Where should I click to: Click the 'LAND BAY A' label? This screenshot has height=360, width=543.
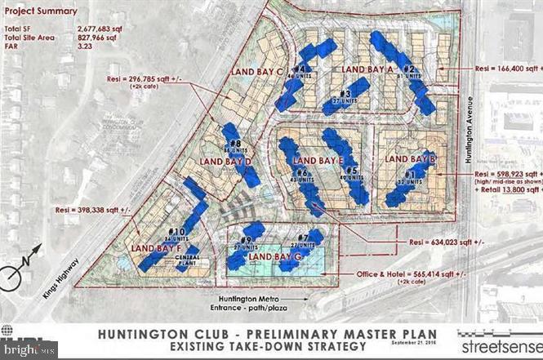pos(367,70)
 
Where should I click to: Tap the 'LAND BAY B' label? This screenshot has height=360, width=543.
pos(410,158)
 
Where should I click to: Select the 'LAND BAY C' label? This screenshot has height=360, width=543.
pos(256,72)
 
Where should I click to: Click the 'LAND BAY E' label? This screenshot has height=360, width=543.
pos(318,160)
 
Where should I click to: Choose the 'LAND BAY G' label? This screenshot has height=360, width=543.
pos(275,258)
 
